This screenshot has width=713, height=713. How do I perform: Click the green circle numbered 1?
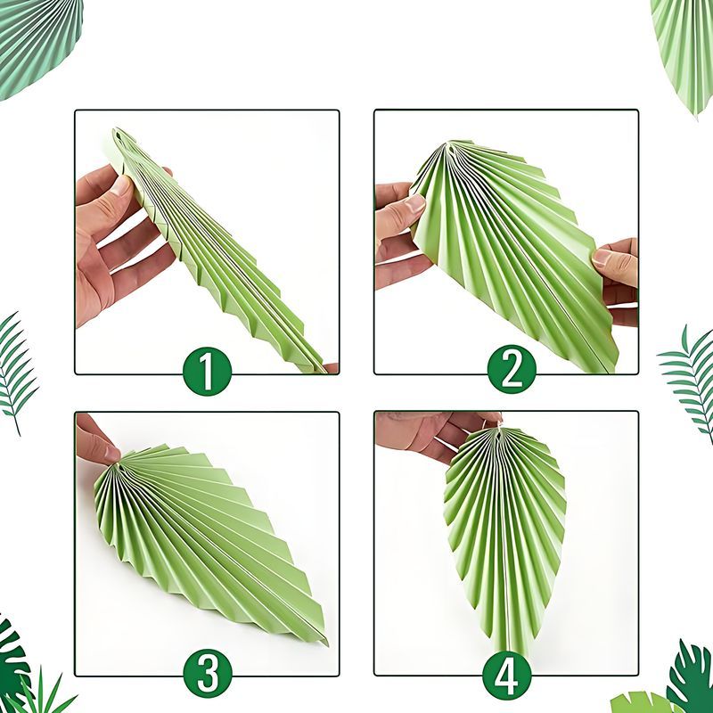(x=208, y=371)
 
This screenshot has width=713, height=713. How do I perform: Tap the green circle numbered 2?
(x=512, y=369)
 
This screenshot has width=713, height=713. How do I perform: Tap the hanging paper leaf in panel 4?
(x=505, y=537)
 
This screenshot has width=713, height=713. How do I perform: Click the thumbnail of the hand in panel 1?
(x=122, y=185)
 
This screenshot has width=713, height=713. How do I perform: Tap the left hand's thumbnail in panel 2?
(x=415, y=203)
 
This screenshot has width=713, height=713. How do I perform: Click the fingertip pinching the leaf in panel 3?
(x=112, y=454)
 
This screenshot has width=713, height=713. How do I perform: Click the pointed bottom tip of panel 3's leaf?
(x=327, y=643)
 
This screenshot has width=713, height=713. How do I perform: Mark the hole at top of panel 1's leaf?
(x=119, y=135)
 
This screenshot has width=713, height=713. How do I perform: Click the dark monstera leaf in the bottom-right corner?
(x=692, y=677)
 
